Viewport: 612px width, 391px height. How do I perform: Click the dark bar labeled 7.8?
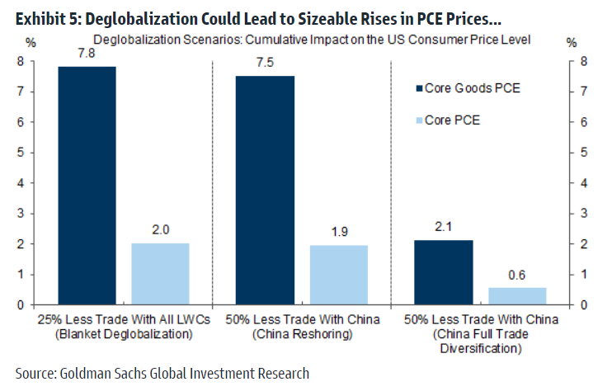[87, 186]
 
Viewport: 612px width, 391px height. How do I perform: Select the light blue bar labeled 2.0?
[160, 274]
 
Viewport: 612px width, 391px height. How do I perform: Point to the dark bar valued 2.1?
[445, 272]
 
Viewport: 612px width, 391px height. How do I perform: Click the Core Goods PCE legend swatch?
[418, 88]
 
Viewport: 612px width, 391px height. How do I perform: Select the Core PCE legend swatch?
[418, 120]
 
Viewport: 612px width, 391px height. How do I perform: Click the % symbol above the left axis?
[31, 41]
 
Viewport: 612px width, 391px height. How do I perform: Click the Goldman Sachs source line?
[162, 374]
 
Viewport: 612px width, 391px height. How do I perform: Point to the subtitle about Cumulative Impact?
[311, 40]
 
